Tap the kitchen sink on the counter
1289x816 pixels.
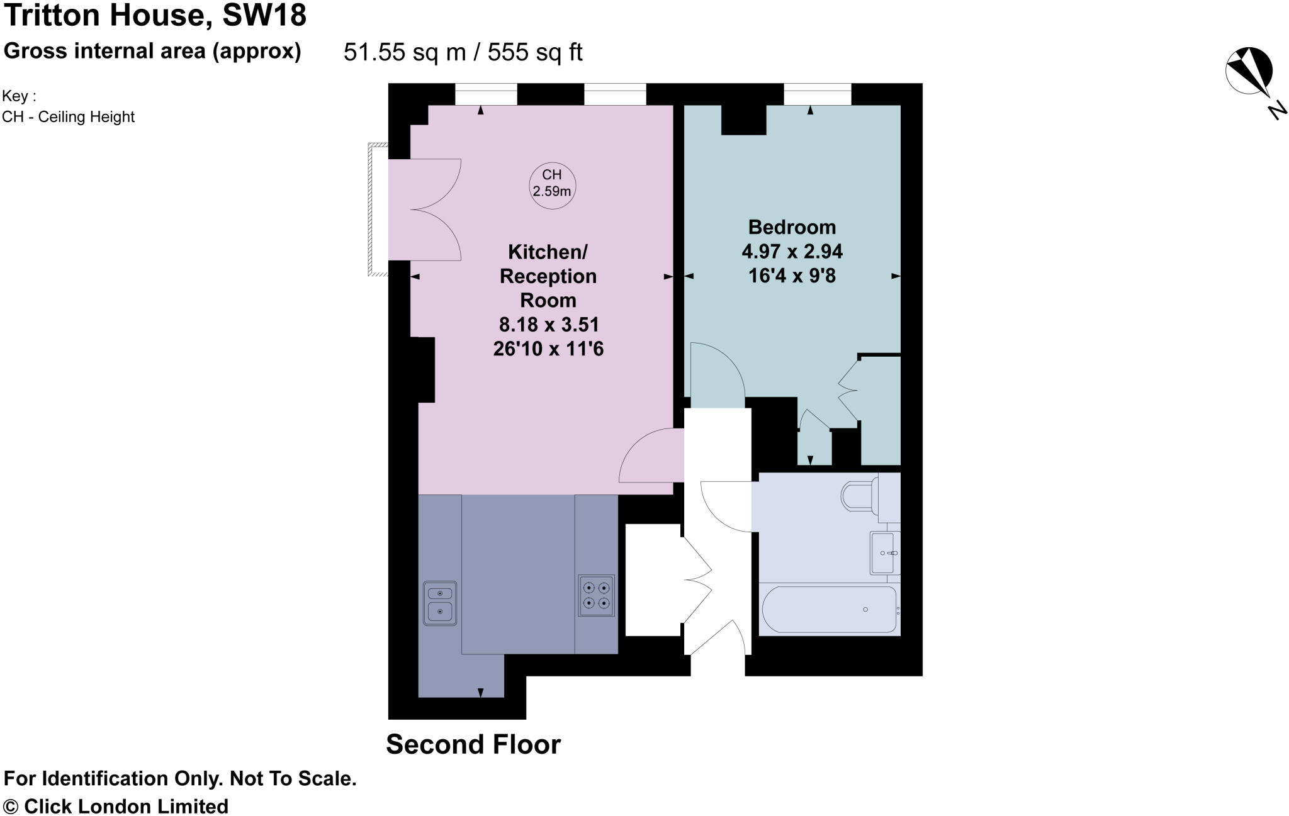pyautogui.click(x=440, y=603)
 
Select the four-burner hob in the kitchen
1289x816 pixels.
pyautogui.click(x=596, y=595)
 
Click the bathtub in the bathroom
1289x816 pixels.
pyautogui.click(x=828, y=609)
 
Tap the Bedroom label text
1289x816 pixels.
pyautogui.click(x=792, y=227)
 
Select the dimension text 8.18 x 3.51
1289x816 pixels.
pyautogui.click(x=548, y=325)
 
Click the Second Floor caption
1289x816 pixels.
pyautogui.click(x=473, y=744)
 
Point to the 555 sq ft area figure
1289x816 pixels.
pyautogui.click(x=534, y=52)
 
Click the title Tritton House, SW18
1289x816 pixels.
pyautogui.click(x=155, y=15)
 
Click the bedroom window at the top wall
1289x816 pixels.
pyautogui.click(x=817, y=94)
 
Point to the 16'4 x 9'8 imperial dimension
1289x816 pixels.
pyautogui.click(x=792, y=276)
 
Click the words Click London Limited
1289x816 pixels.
pyautogui.click(x=126, y=806)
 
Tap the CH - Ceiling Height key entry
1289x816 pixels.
pyautogui.click(x=68, y=117)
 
